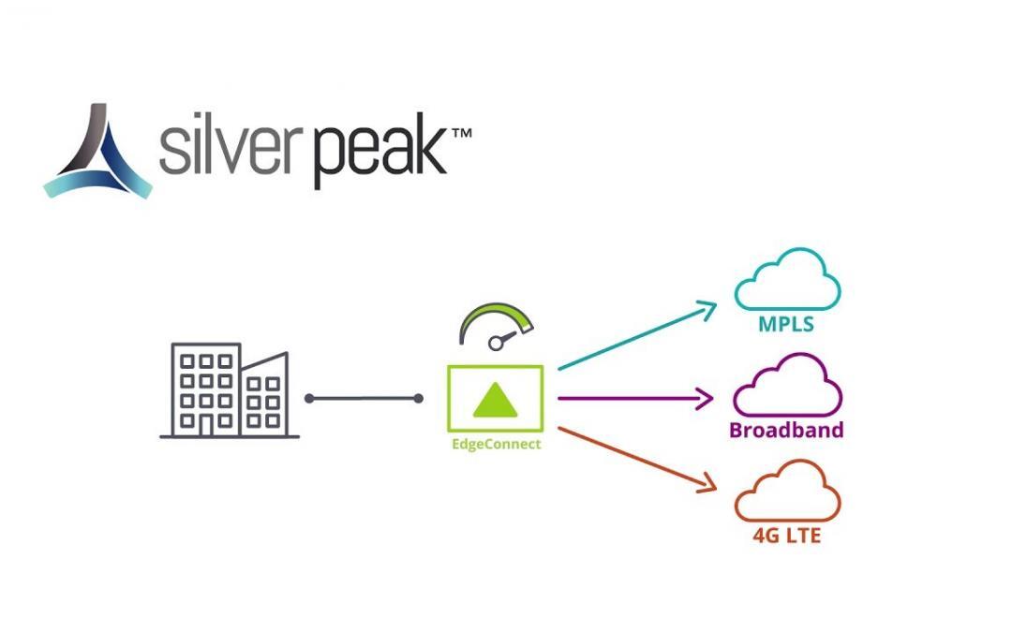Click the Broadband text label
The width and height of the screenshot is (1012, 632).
coord(786,431)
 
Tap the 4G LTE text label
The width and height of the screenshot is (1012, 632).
coord(787,537)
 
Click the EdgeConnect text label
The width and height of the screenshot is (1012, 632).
coord(496,444)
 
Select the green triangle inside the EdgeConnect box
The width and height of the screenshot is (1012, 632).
coord(496,400)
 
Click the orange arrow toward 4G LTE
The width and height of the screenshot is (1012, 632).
coord(637,459)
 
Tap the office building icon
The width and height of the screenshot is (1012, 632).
coord(230,390)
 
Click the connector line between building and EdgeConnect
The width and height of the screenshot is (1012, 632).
coord(364,399)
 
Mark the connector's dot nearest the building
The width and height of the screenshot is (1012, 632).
coord(309,399)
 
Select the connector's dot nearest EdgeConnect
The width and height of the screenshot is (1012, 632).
coord(418,399)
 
